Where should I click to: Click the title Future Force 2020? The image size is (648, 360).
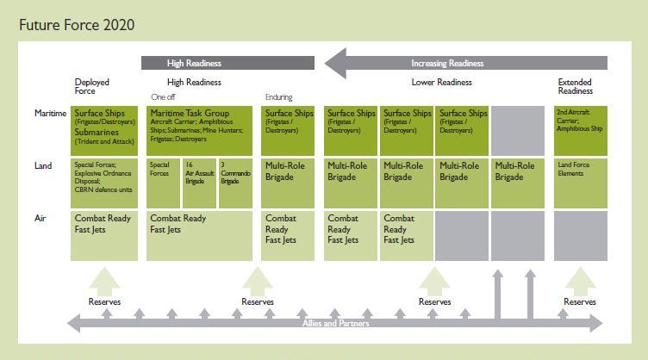tap(77, 25)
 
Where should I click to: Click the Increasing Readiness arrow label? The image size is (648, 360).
tap(447, 63)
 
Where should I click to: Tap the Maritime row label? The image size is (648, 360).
tap(49, 113)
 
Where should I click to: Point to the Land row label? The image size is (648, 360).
tap(42, 165)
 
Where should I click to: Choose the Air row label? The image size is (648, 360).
tap(40, 219)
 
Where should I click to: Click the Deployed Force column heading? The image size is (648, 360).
tap(91, 86)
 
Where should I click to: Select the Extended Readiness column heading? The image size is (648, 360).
tap(575, 86)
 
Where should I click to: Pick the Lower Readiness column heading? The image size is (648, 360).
tap(440, 82)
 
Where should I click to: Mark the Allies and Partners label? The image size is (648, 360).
tap(335, 323)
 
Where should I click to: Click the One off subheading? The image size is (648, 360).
tap(163, 97)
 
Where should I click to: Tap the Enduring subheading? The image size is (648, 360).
tap(278, 97)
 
